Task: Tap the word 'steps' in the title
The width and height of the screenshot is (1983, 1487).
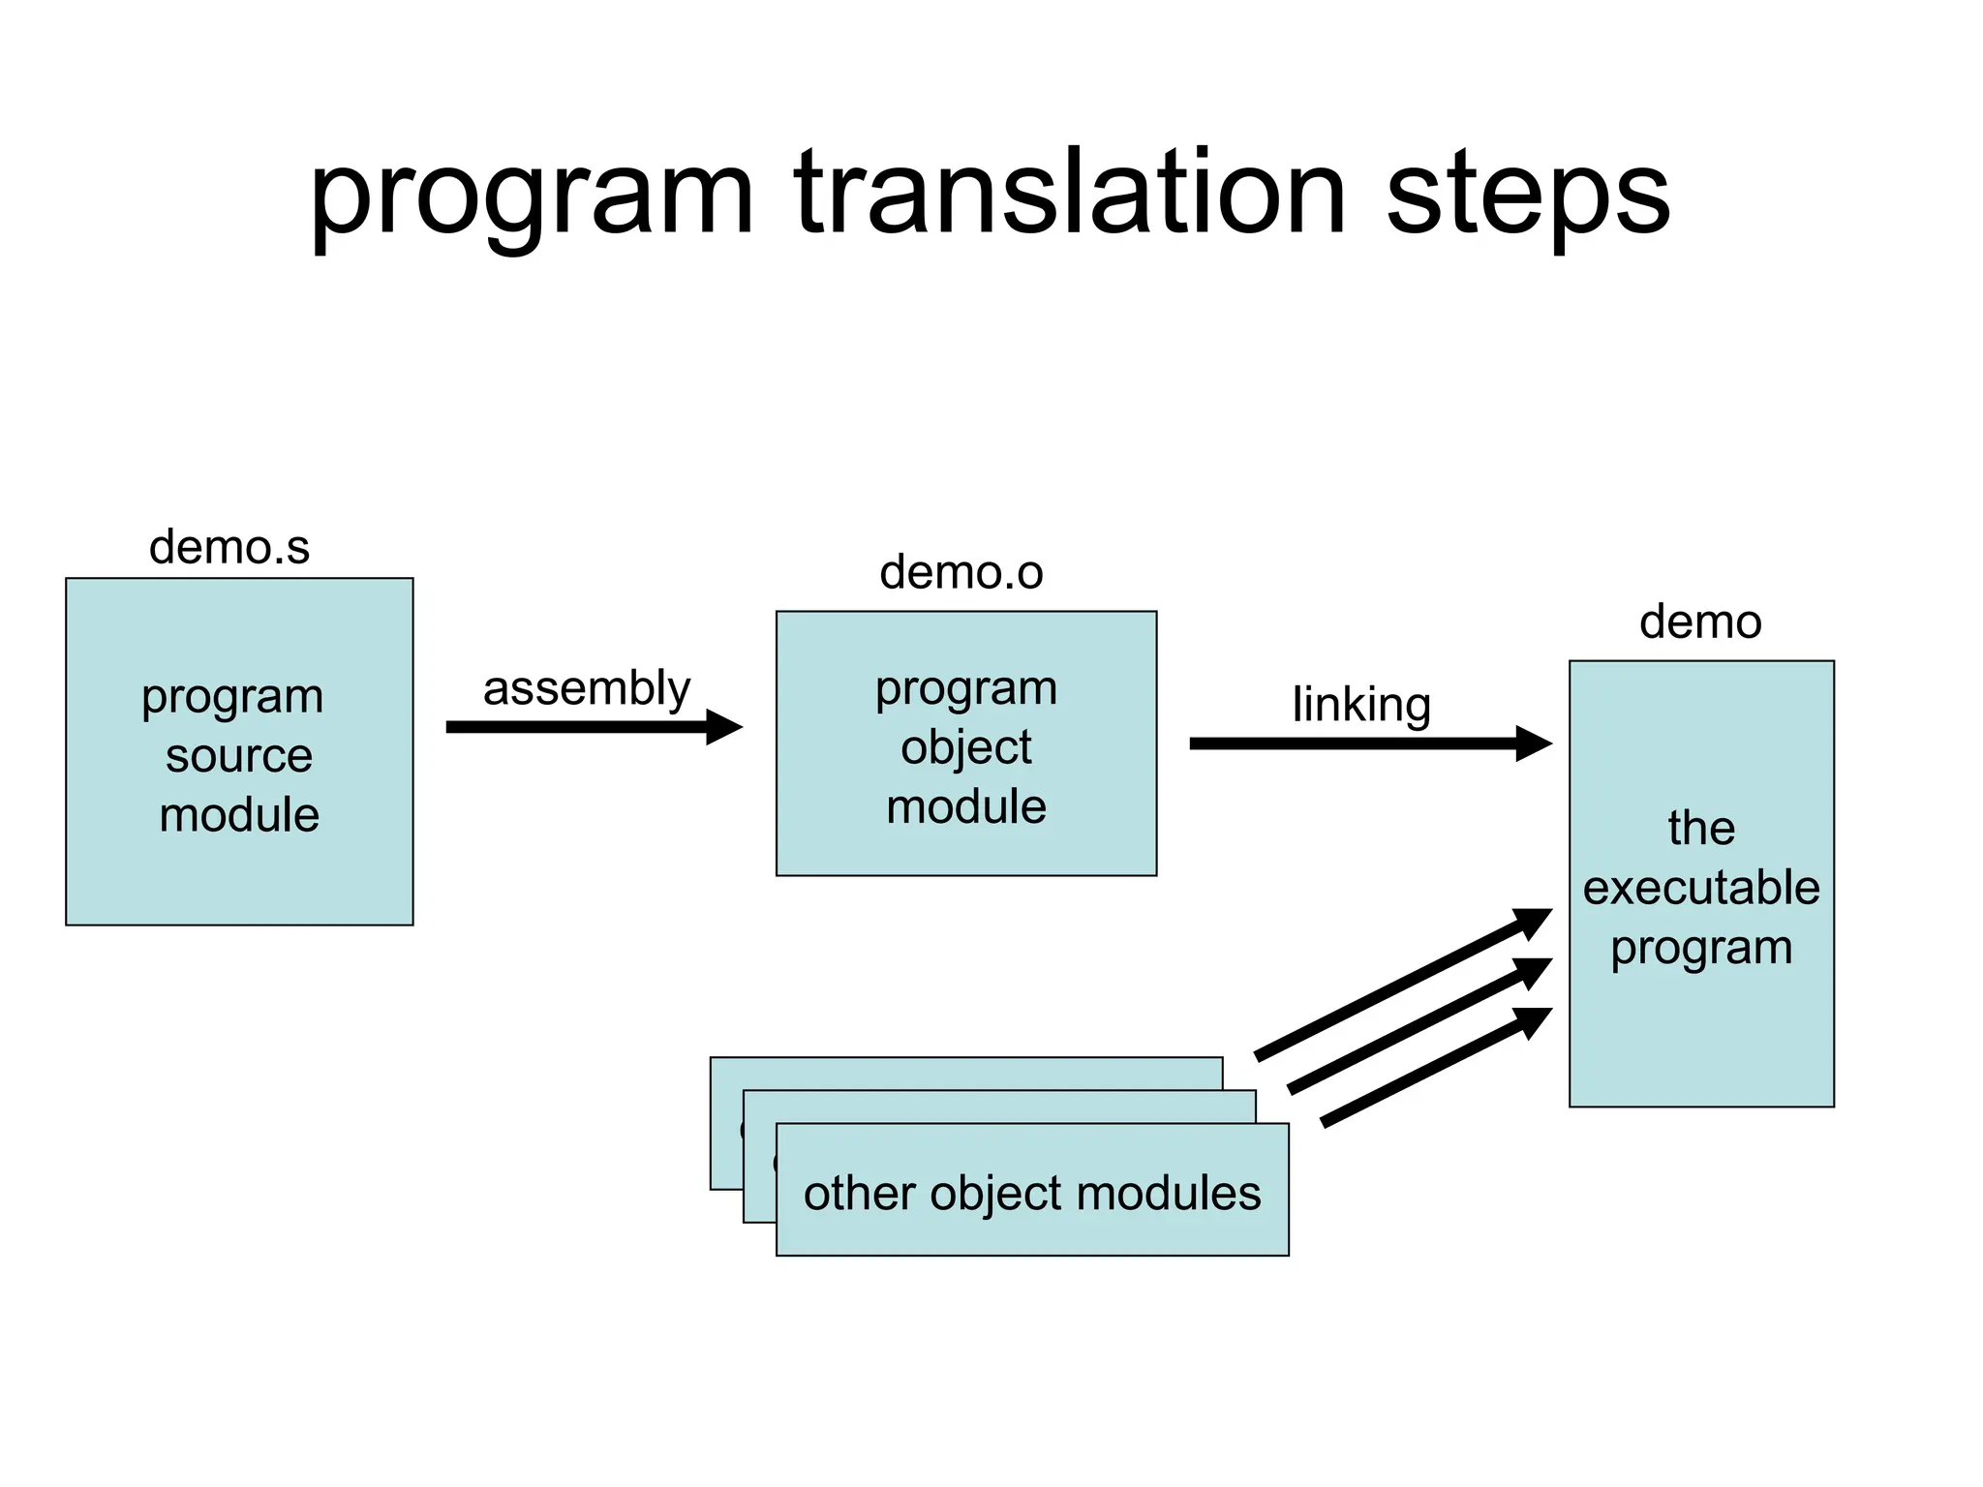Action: point(1527,194)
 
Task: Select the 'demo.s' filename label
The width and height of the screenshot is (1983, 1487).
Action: point(229,547)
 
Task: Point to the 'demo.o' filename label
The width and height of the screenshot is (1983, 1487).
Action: point(961,572)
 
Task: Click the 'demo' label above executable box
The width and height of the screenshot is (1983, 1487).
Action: point(1700,622)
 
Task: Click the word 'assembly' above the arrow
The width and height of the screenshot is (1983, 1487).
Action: point(587,689)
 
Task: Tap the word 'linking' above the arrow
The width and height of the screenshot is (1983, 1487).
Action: point(1361,705)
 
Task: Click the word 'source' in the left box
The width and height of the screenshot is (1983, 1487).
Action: point(239,755)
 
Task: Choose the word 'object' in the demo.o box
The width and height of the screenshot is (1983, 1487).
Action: point(965,747)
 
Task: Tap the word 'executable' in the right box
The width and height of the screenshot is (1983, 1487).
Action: point(1701,888)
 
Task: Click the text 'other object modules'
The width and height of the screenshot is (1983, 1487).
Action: point(1032,1193)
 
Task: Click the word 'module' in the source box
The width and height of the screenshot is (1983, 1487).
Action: point(239,815)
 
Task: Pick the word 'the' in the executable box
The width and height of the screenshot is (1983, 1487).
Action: point(1701,829)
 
